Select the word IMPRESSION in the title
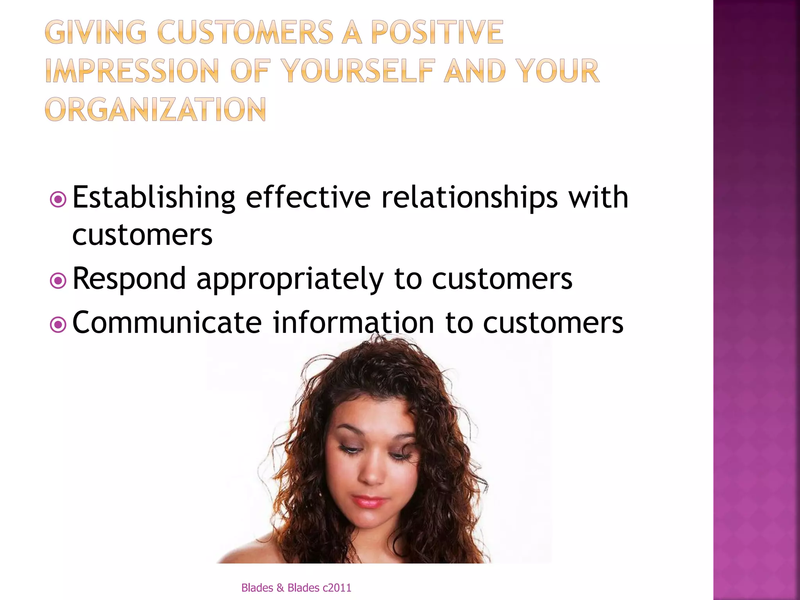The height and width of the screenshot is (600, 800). [x=132, y=71]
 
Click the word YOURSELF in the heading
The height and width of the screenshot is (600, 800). [x=358, y=71]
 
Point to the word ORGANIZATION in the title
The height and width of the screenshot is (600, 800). [x=155, y=110]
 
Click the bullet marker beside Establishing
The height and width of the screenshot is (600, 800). [x=58, y=200]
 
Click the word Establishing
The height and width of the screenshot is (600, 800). [x=154, y=198]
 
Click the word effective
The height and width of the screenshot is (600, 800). [x=308, y=197]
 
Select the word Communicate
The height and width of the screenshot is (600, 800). [x=167, y=323]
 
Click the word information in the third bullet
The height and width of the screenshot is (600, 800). [x=353, y=323]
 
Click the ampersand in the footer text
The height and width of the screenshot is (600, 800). [x=280, y=588]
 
